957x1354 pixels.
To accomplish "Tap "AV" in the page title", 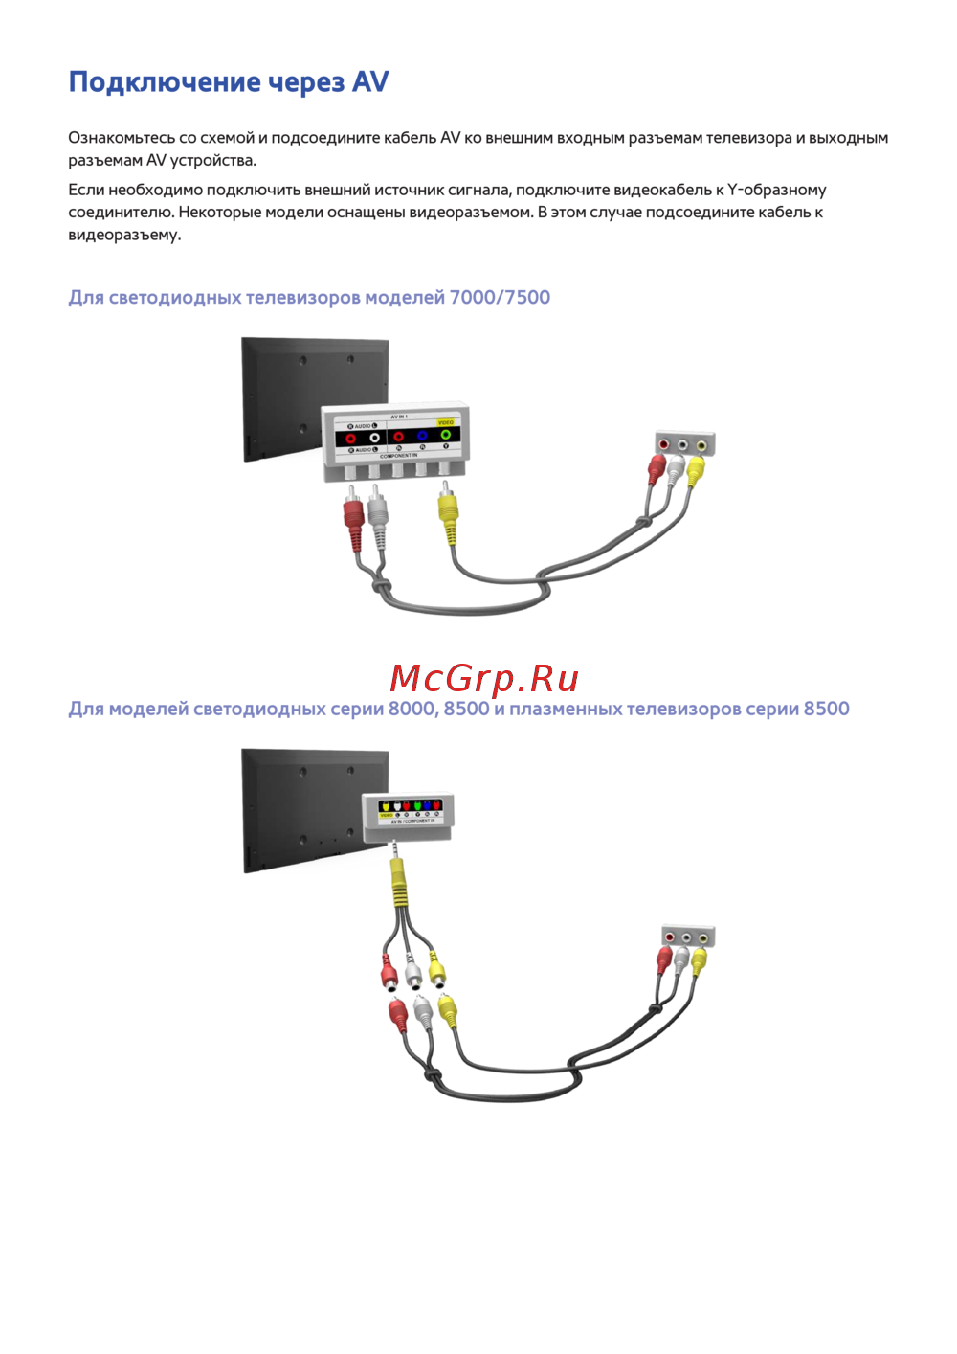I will pos(369,82).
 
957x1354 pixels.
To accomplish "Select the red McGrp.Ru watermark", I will pos(484,679).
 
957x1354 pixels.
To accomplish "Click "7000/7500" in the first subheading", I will pos(500,298).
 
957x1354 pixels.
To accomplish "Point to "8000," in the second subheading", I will pos(412,710).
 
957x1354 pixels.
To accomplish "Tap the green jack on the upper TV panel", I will pos(445,436).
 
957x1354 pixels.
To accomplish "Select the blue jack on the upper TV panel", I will pos(422,437).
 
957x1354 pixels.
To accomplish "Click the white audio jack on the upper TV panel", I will pos(374,438).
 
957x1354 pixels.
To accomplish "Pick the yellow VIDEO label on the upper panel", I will pos(446,422).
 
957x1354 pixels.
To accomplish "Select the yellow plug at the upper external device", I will pos(696,470).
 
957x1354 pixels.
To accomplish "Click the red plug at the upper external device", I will pos(657,469).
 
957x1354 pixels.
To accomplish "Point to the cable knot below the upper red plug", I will pos(380,586).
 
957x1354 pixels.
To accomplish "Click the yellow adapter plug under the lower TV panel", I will pos(398,881).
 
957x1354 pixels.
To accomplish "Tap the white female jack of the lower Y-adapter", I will pos(413,977).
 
